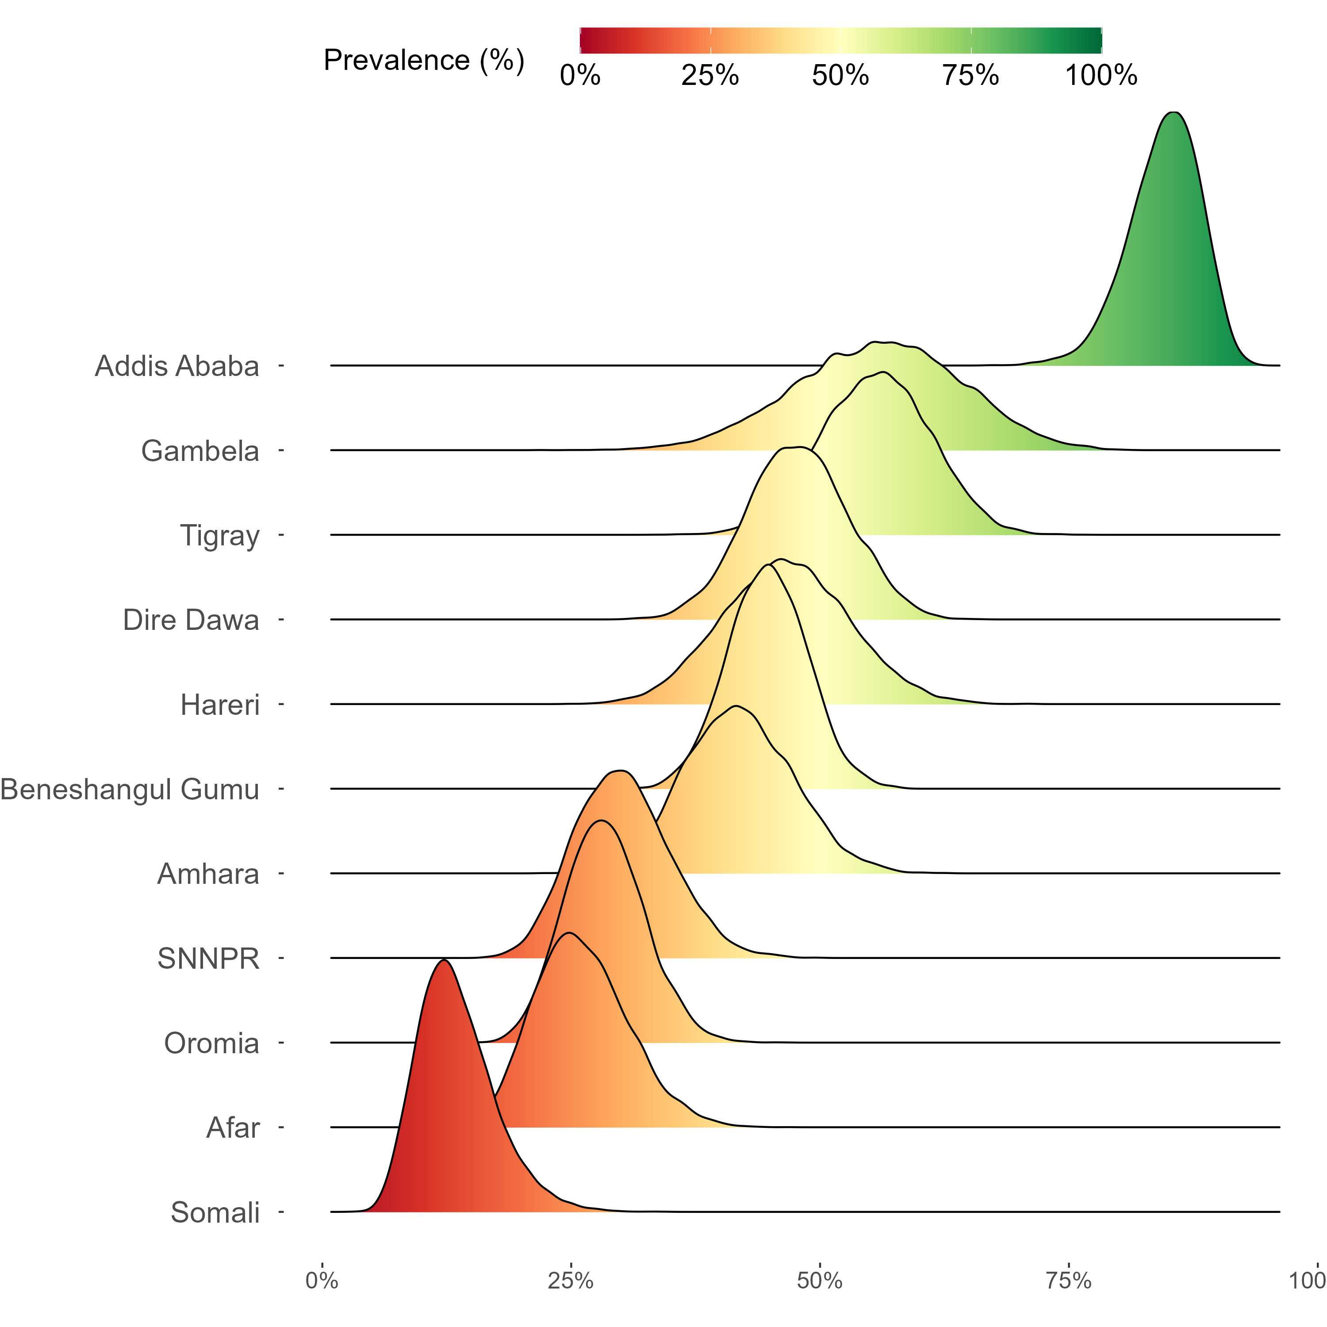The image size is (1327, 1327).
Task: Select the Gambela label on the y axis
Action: [200, 451]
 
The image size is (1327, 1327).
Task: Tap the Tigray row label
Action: [220, 536]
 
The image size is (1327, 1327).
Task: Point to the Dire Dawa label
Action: [191, 620]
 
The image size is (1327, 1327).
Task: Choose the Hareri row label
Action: [220, 705]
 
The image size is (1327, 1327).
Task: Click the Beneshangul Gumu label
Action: [130, 789]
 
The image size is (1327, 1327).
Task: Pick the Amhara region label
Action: [208, 874]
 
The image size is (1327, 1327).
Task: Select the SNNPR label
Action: [208, 958]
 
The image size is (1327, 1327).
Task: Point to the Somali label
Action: [215, 1212]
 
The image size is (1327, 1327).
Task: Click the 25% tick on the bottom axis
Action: [570, 1280]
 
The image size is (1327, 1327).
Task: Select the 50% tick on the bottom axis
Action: [819, 1280]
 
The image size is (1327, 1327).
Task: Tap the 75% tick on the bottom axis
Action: [1068, 1280]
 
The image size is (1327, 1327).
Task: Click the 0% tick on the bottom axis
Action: [322, 1280]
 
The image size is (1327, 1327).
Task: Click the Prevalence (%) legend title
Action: [424, 61]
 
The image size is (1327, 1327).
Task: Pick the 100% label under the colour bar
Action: [1101, 75]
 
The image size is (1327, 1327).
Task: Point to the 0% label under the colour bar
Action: [580, 75]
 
